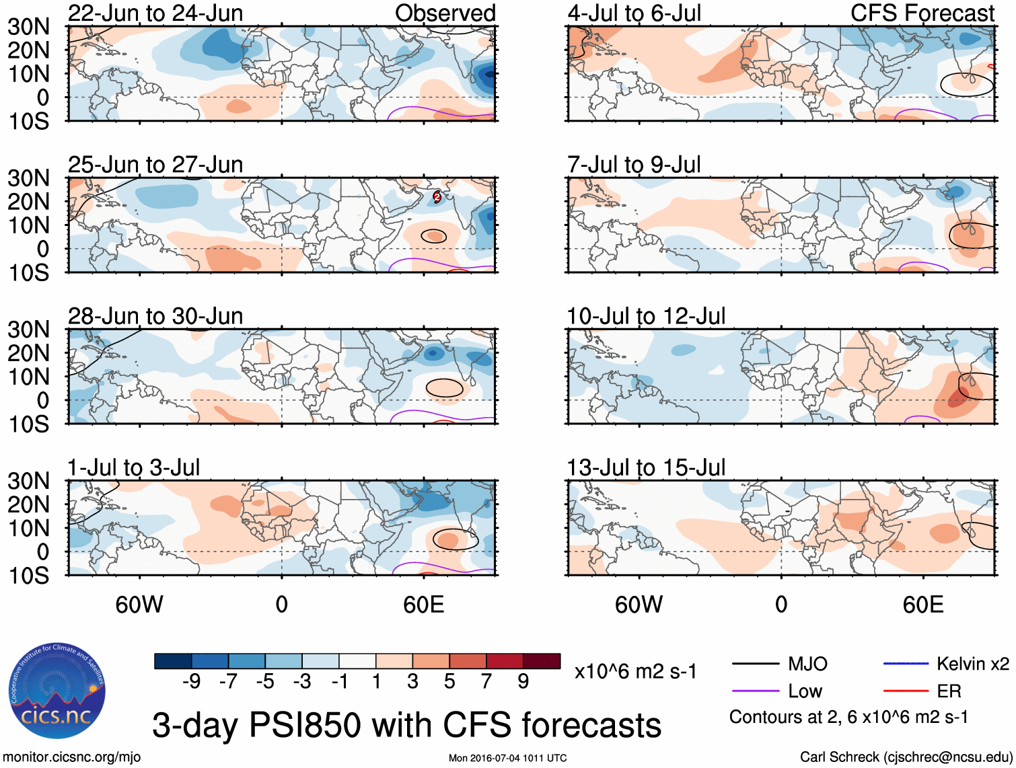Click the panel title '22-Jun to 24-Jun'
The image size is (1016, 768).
coord(155,13)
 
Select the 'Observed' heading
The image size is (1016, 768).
coord(445,13)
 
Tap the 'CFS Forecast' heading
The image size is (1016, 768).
coord(922,13)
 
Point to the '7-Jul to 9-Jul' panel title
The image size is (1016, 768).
coord(634,165)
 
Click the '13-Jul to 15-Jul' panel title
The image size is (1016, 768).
coord(646,467)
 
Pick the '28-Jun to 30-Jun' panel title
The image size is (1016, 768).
coord(155,316)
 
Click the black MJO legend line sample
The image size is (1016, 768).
coord(755,664)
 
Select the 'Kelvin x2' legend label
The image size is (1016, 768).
coord(973,664)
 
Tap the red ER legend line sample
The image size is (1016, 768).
coord(905,691)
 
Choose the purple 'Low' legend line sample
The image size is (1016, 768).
coord(755,691)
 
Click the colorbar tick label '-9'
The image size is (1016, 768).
coord(191,682)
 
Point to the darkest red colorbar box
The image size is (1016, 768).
coord(542,661)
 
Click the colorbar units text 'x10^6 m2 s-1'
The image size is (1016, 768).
coord(636,672)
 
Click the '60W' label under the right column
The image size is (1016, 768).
coord(639,605)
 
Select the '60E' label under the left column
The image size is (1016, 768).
coord(423,605)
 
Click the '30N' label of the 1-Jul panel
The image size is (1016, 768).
coord(28,481)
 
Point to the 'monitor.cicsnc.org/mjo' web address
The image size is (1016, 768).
coord(72,757)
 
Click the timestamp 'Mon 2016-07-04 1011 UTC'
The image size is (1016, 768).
coord(507,759)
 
